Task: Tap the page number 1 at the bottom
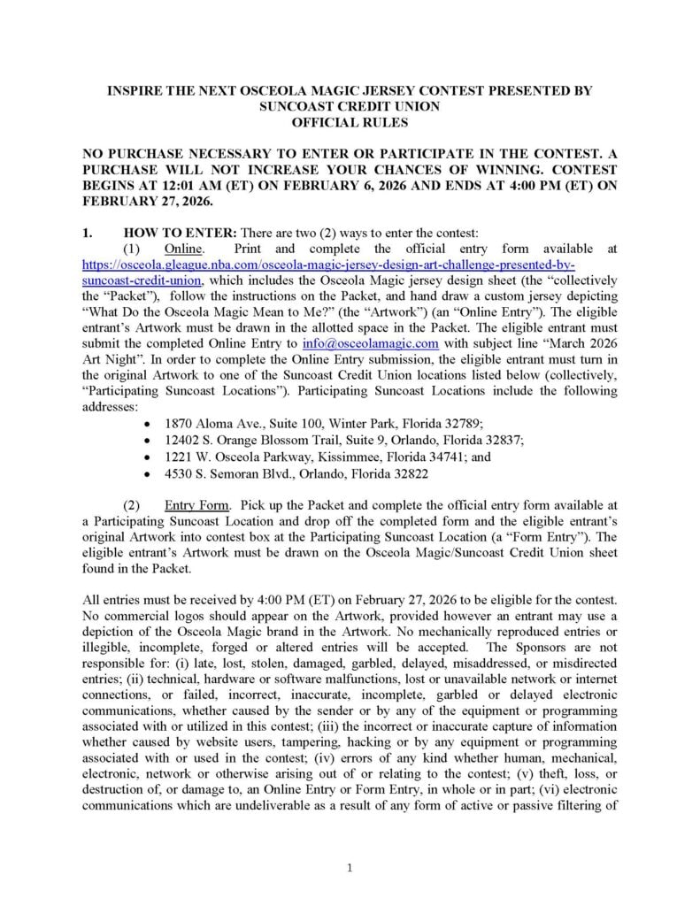coord(350,868)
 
